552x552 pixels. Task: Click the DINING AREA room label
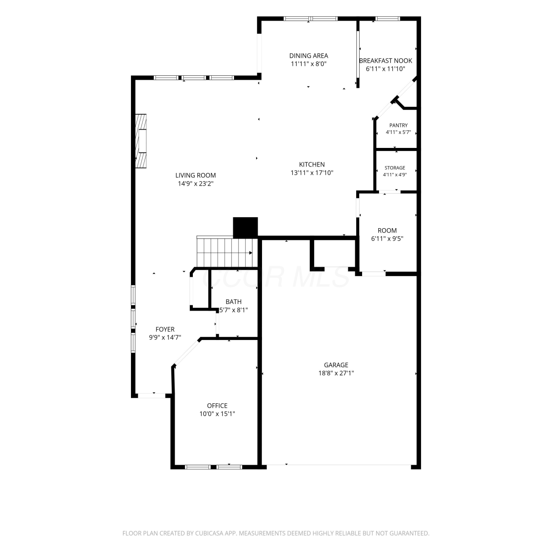[x=308, y=56]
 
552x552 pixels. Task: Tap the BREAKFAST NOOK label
[x=385, y=61]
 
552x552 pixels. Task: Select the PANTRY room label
[x=399, y=125]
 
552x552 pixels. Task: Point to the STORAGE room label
[x=395, y=168]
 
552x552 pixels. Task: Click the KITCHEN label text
[x=312, y=164]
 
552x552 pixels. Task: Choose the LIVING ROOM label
[x=195, y=176]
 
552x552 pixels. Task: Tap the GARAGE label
[x=336, y=365]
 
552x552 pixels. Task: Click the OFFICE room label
[x=217, y=406]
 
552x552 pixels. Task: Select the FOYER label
[x=165, y=329]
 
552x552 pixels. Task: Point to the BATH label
[x=234, y=302]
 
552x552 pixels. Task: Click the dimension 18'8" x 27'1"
[x=336, y=373]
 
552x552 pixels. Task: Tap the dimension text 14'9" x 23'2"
[x=196, y=184]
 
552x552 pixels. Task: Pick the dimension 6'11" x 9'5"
[x=387, y=238]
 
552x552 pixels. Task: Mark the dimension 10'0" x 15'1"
[x=217, y=414]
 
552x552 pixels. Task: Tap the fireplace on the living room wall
[x=141, y=141]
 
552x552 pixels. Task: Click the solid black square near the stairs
[x=245, y=227]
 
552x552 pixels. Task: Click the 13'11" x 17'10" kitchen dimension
[x=312, y=173]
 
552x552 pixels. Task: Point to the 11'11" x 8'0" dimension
[x=309, y=64]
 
